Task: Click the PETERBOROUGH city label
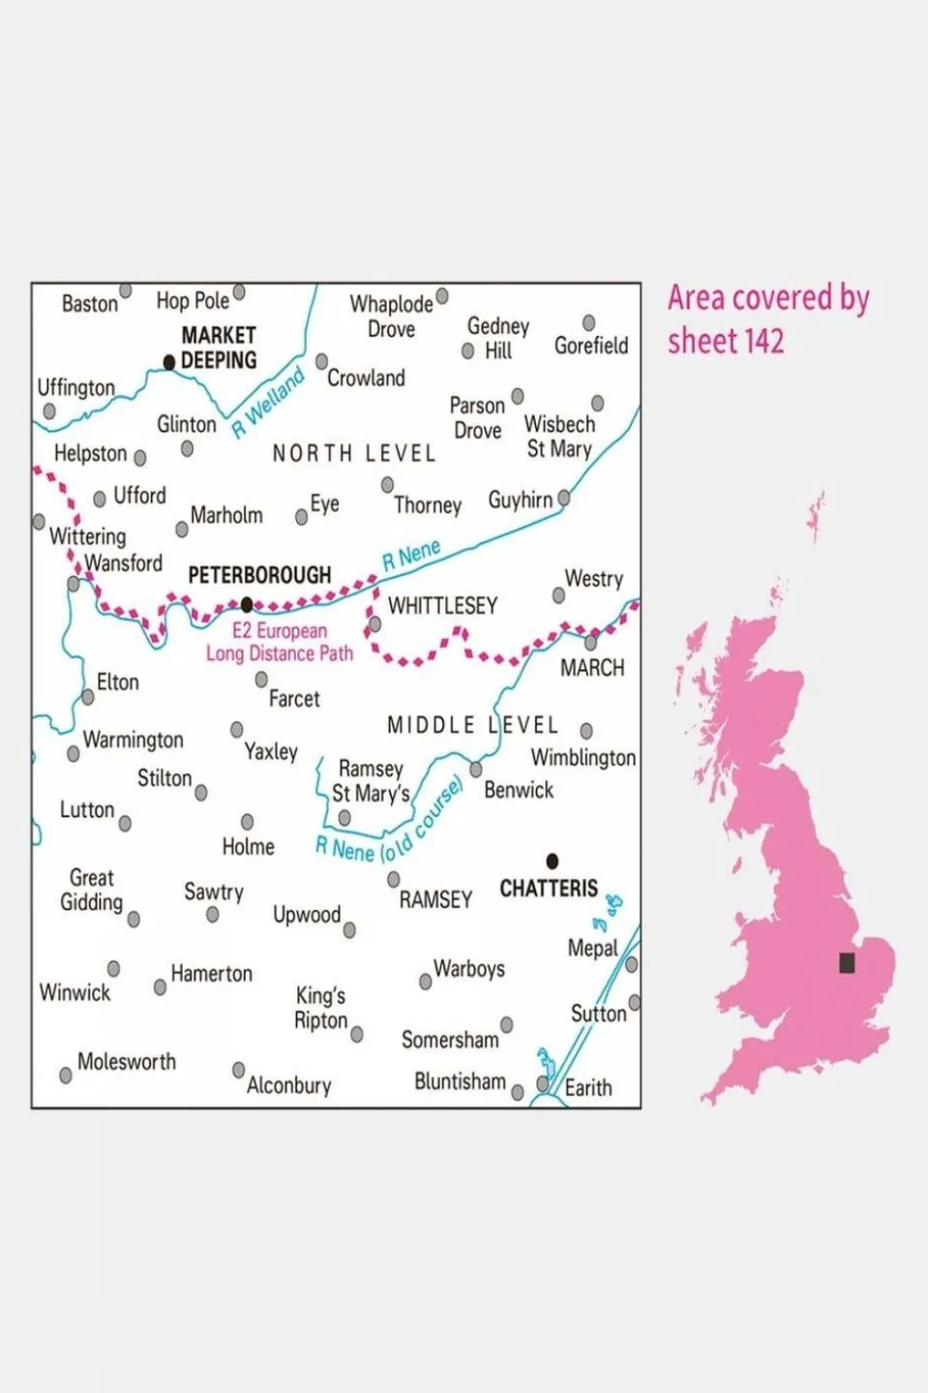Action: (x=258, y=575)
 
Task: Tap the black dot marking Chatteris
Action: (x=552, y=861)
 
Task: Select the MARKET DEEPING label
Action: (x=219, y=348)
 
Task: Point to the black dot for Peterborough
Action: (x=247, y=605)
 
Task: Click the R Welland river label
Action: (x=268, y=403)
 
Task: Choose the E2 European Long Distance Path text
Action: (x=279, y=642)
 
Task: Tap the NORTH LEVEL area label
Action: (x=353, y=453)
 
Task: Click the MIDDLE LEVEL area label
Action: (x=472, y=725)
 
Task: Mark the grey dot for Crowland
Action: (x=322, y=361)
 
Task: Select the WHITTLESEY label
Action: (x=442, y=606)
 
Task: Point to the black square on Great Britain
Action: (x=847, y=962)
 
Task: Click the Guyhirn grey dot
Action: (x=564, y=499)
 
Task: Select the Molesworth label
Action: (x=127, y=1062)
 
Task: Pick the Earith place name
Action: (x=588, y=1088)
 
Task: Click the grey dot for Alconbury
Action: (x=238, y=1070)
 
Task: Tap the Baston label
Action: (x=89, y=304)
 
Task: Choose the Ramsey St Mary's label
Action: (x=371, y=781)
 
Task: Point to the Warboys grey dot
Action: (x=425, y=982)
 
